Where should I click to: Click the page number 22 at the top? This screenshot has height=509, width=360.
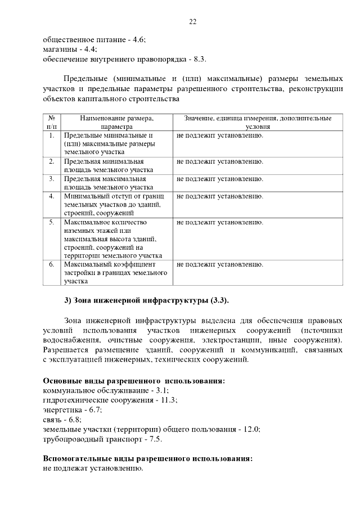click(192, 22)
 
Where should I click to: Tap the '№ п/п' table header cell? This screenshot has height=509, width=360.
click(51, 123)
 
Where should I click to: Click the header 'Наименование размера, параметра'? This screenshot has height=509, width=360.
click(116, 123)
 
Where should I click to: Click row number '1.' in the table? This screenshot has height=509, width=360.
click(51, 136)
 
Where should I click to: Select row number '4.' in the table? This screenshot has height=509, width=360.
click(51, 196)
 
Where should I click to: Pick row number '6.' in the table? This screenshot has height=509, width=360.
click(51, 264)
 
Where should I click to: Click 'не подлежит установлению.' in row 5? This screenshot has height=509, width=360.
click(220, 223)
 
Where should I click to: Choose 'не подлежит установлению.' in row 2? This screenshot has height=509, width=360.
click(220, 162)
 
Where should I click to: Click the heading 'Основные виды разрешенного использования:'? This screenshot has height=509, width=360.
click(134, 381)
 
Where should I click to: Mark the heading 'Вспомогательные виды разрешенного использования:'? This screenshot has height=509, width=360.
click(147, 458)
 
